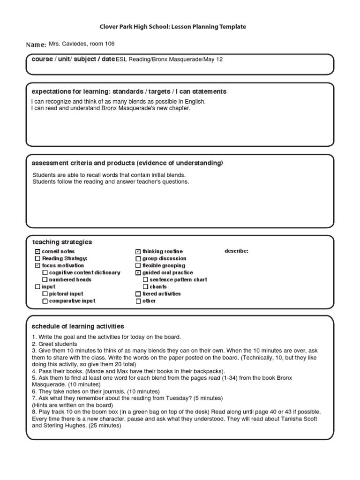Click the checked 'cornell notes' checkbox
pos(37,252)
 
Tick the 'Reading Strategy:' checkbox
pos(37,259)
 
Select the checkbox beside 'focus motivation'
pos(37,266)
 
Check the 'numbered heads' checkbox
pos(45,280)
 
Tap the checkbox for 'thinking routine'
pos(138,252)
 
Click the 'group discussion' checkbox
pos(138,259)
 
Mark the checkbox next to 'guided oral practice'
pos(138,273)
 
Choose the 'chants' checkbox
pos(145,287)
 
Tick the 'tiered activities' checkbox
pos(138,294)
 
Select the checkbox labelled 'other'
pos(138,301)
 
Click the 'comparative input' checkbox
pos(45,301)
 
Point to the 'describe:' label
pos(236,251)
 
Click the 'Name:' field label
pos(36,45)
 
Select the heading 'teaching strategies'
pos(62,242)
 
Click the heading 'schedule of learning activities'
pos(78,326)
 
